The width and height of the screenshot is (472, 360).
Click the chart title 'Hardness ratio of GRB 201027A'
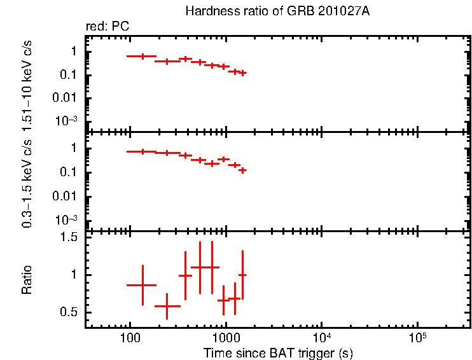pos(276,12)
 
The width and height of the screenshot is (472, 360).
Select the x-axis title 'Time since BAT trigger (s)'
pos(278,352)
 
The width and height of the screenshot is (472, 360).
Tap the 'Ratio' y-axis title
pos(27,280)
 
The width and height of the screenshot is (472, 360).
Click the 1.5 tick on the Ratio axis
pos(69,237)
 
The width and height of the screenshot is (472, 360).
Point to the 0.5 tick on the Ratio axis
pos(69,312)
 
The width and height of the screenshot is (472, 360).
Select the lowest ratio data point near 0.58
pos(167,306)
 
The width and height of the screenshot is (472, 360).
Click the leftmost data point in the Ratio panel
pos(142,285)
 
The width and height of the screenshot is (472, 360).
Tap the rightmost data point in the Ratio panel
pos(242,275)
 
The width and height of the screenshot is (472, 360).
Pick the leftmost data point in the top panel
pos(142,57)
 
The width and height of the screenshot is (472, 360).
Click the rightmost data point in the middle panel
pos(242,170)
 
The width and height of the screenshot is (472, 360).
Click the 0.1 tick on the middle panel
pos(70,172)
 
